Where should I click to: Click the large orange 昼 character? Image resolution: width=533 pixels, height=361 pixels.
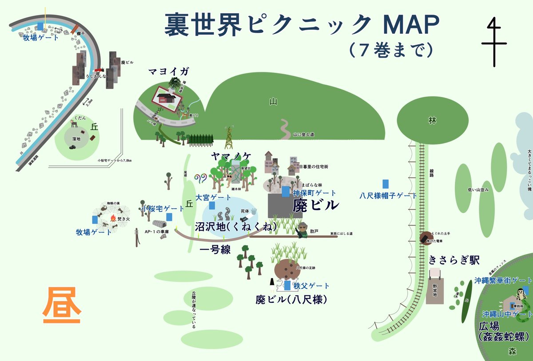(62, 306)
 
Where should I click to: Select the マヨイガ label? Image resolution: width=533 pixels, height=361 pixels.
(168, 71)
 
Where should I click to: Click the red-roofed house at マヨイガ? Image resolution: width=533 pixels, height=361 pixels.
(165, 97)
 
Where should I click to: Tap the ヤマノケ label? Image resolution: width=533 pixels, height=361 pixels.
(231, 156)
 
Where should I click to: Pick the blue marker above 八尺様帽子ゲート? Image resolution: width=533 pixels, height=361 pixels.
(386, 184)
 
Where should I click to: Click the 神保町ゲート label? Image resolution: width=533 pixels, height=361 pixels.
(314, 193)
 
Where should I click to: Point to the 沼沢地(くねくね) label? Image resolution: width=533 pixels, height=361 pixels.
(236, 227)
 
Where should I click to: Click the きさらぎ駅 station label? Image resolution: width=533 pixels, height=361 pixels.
(454, 260)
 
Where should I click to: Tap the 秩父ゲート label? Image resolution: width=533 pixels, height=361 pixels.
(311, 286)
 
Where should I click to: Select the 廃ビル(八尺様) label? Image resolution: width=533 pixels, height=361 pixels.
(291, 300)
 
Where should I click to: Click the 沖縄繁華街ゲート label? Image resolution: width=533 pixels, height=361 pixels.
(503, 281)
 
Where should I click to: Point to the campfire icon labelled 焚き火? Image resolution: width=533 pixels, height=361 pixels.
(114, 218)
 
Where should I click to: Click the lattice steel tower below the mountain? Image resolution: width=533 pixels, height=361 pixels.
(229, 138)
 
